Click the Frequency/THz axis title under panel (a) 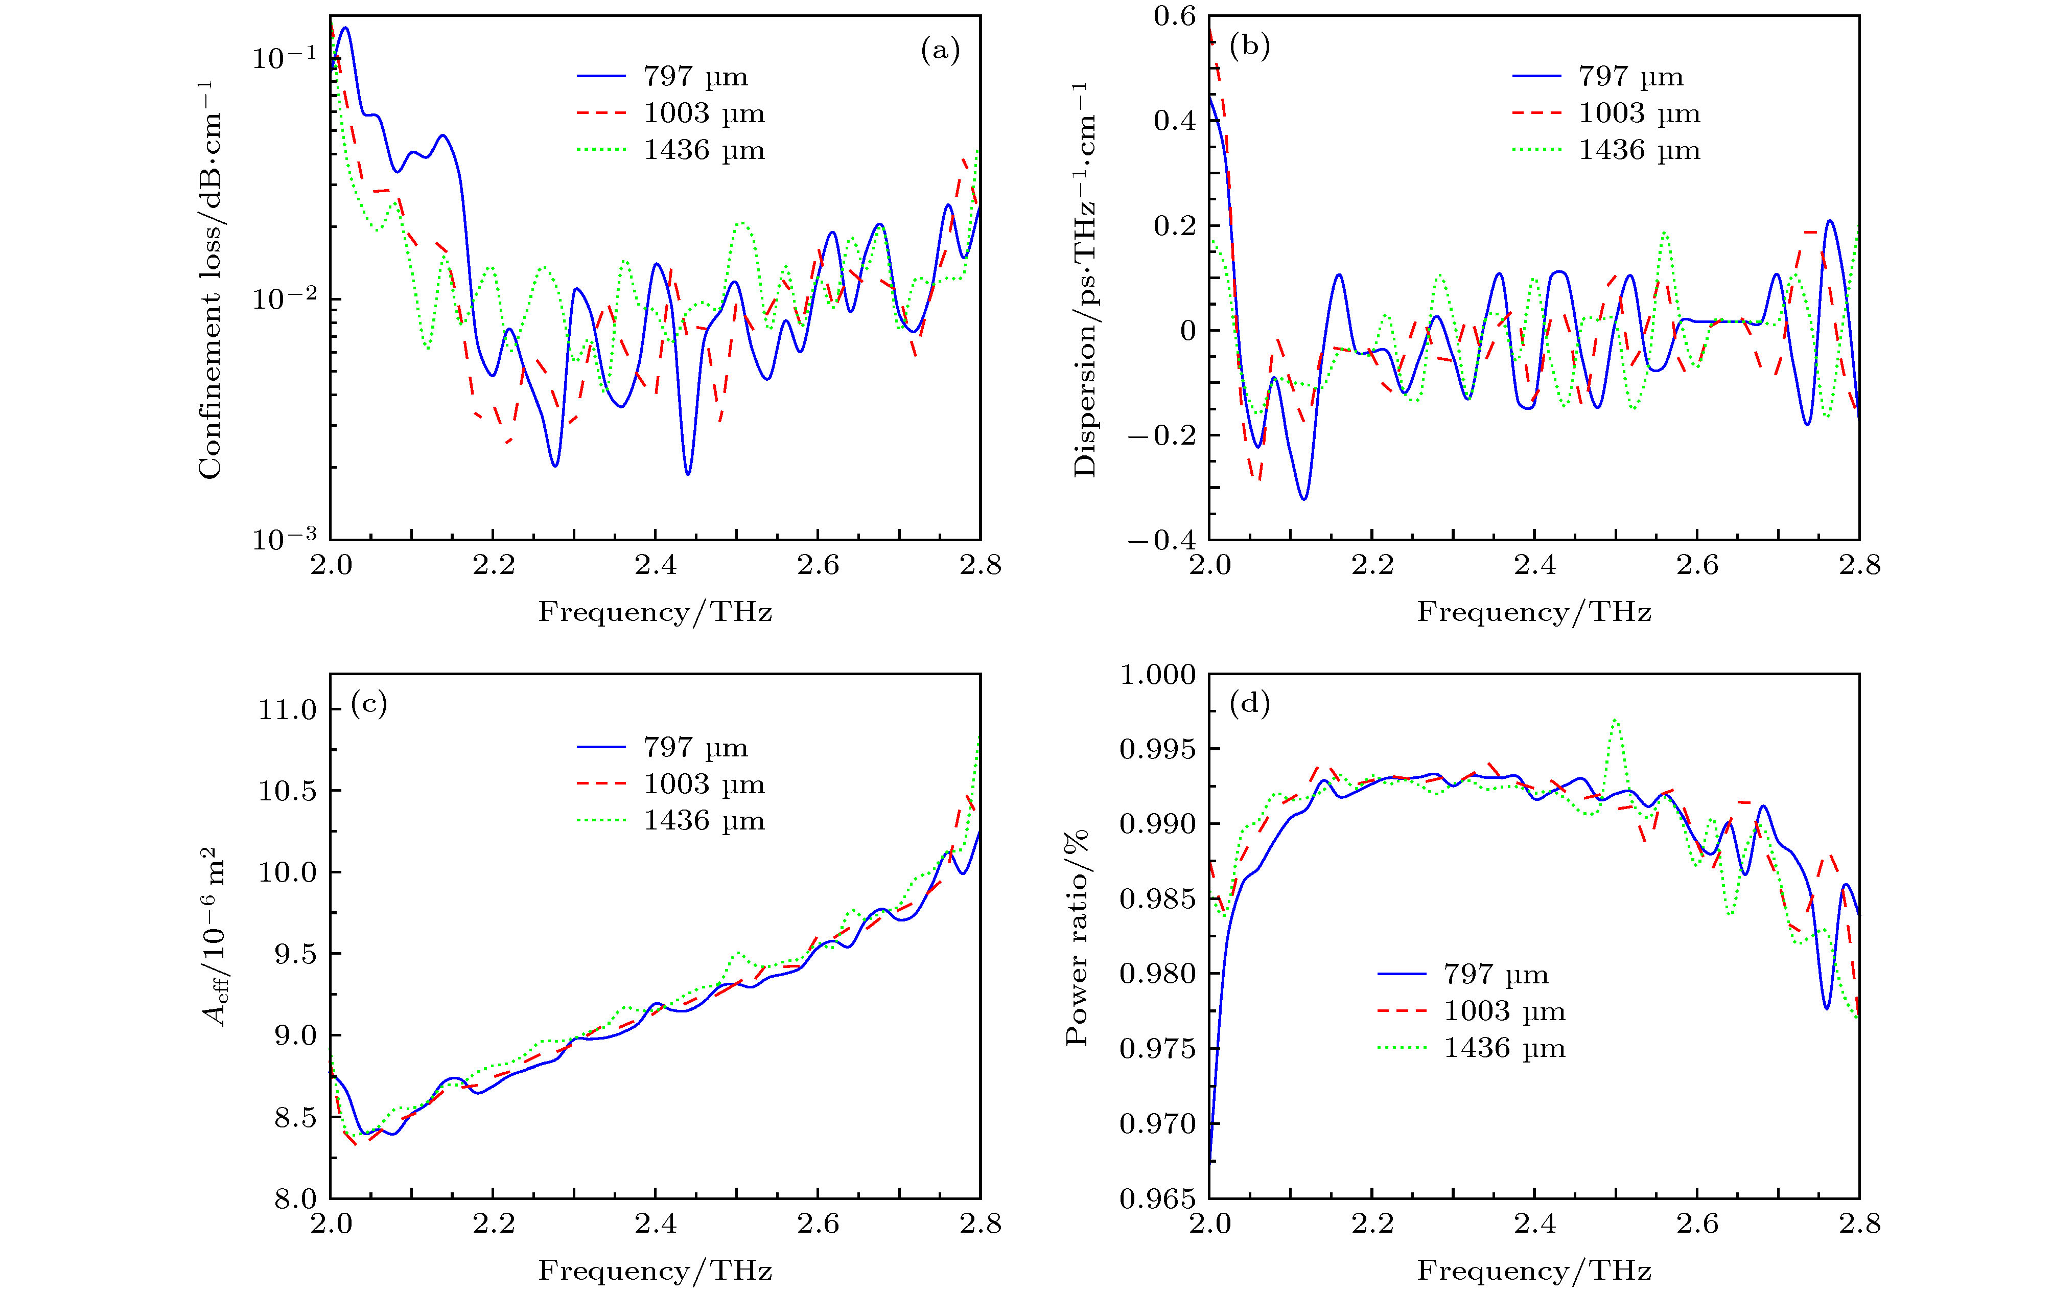point(655,612)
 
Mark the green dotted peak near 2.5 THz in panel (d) point(1615,720)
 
